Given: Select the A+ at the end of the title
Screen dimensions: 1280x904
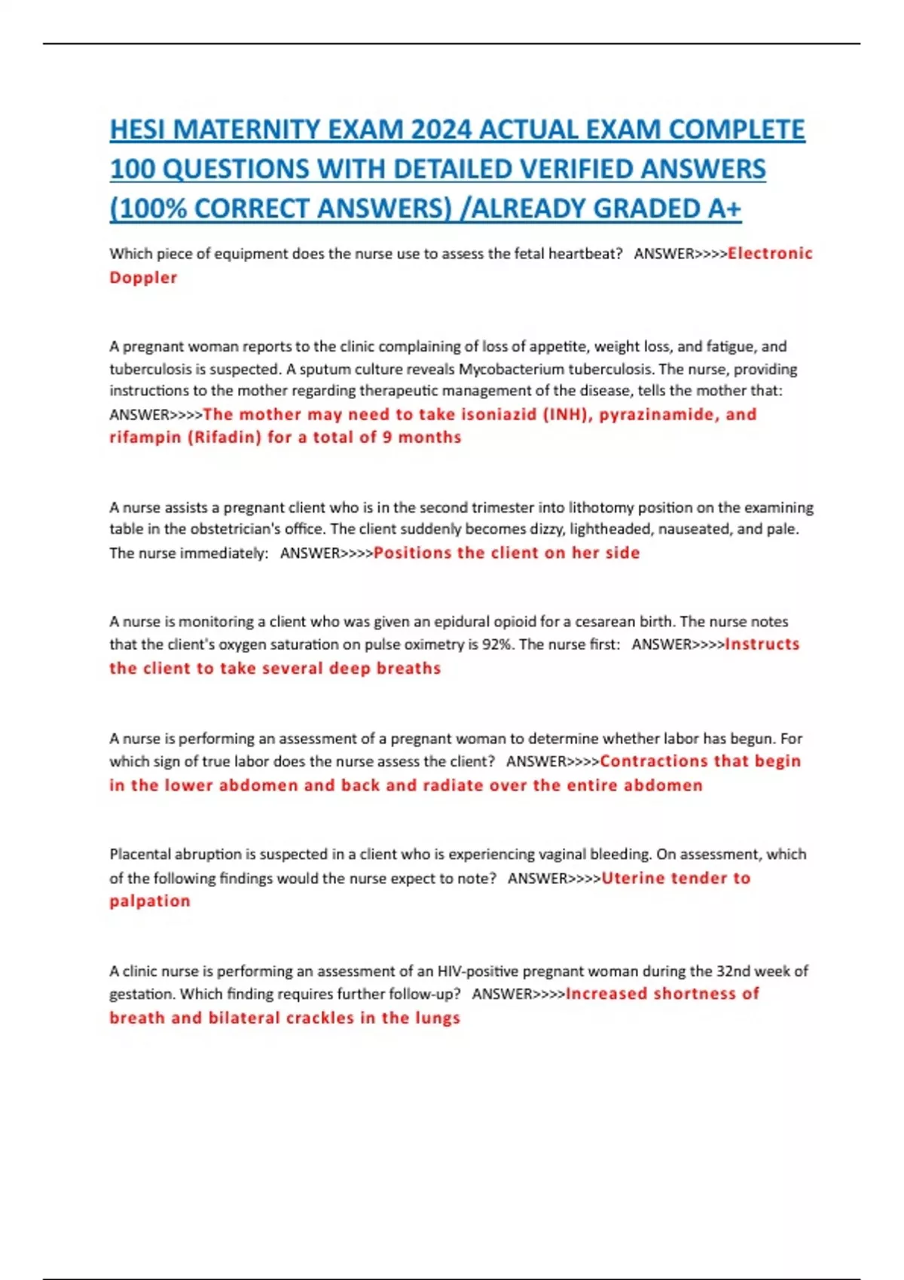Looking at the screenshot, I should (x=724, y=208).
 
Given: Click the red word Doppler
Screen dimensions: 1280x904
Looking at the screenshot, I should (x=143, y=277).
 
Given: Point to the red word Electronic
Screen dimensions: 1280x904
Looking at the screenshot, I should (x=770, y=253).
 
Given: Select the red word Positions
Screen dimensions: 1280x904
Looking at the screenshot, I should (x=412, y=553).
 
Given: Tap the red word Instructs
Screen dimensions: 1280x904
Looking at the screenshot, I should (x=762, y=645).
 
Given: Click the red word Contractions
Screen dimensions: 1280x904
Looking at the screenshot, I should (x=653, y=761).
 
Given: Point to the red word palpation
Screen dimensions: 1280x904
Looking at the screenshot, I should (x=150, y=901).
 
